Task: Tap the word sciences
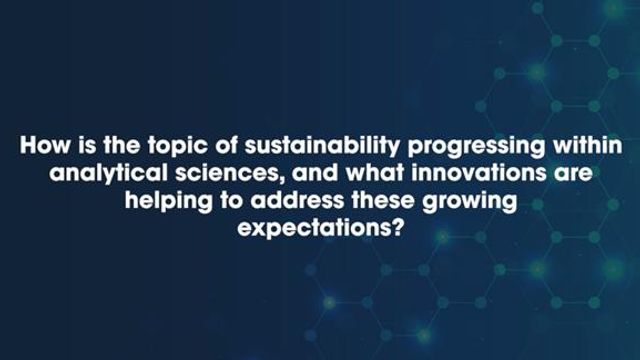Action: [226, 174]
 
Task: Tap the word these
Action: [380, 201]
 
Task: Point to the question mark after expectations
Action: [396, 227]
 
